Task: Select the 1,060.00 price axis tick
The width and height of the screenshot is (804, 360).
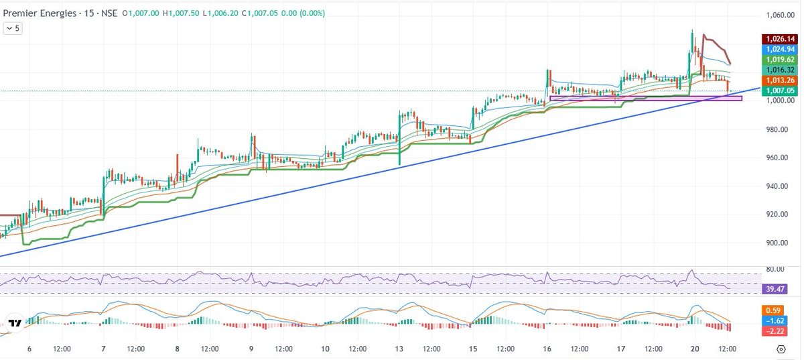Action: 780,15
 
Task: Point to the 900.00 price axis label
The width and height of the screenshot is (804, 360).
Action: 780,243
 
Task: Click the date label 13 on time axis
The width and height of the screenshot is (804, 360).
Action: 399,349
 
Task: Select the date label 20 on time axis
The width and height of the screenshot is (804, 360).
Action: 695,349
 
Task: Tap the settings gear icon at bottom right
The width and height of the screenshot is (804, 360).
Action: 781,349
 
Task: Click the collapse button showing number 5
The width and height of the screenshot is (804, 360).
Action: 13,28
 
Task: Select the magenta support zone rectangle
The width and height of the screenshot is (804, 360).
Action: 645,99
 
